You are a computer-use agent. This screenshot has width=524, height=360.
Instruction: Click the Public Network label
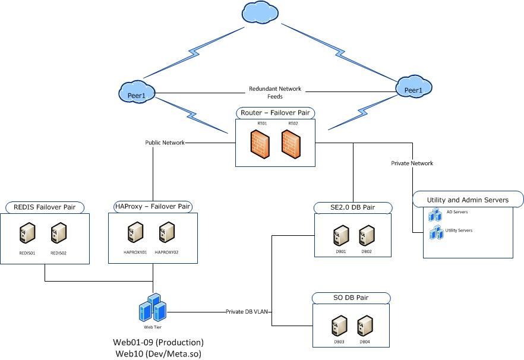pyautogui.click(x=165, y=143)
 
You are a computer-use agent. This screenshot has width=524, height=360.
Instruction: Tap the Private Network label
pyautogui.click(x=412, y=163)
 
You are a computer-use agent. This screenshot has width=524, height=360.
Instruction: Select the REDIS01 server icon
pyautogui.click(x=27, y=233)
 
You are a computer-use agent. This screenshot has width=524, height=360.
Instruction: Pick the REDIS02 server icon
pyautogui.click(x=58, y=233)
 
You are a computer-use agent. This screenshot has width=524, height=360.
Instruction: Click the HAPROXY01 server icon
pyautogui.click(x=135, y=232)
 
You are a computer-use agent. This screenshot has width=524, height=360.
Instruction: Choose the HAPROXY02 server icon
pyautogui.click(x=166, y=232)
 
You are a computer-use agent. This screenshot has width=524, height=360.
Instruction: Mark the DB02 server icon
pyautogui.click(x=366, y=236)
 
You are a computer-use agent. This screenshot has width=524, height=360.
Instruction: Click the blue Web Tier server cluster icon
pyautogui.click(x=152, y=308)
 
